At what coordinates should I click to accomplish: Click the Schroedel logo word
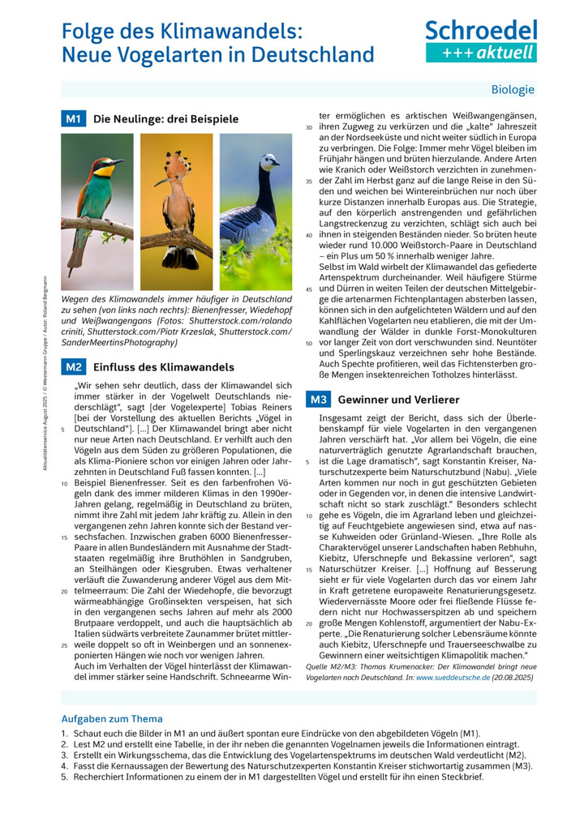(x=481, y=30)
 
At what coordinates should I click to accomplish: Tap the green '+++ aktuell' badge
(x=481, y=52)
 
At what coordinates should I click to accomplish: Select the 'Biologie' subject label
(x=513, y=90)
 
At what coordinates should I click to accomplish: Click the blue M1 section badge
(x=73, y=119)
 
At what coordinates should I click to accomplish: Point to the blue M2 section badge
(x=73, y=367)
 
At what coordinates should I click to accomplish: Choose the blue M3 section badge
(x=318, y=400)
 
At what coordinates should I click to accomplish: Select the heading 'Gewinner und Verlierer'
(x=398, y=400)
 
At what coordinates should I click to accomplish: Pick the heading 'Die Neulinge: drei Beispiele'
(x=165, y=119)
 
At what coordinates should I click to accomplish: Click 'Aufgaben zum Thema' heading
(x=112, y=718)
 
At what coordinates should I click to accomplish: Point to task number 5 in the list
(x=65, y=777)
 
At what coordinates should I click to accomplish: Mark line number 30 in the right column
(x=308, y=128)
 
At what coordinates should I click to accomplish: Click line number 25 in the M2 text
(x=64, y=645)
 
